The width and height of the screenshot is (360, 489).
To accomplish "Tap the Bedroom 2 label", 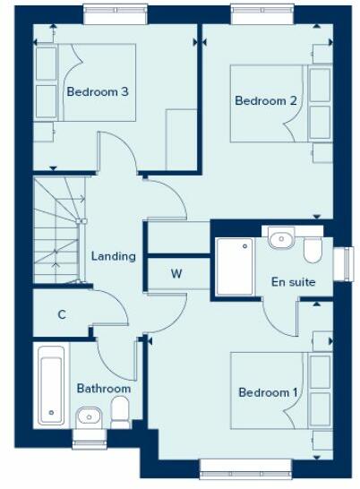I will click(x=266, y=100).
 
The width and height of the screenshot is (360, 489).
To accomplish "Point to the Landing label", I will click(x=114, y=256).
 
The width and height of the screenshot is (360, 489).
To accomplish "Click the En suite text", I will click(x=294, y=282).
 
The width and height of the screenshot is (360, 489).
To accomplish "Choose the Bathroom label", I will click(x=103, y=389).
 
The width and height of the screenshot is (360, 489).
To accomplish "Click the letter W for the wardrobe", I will click(x=176, y=274).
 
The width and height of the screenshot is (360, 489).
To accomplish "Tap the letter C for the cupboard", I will click(x=62, y=314).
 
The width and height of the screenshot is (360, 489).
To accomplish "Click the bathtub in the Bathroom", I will click(x=49, y=386).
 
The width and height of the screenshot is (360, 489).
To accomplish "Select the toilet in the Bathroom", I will click(x=120, y=413).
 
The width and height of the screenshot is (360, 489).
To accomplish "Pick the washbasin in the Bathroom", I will click(x=89, y=416).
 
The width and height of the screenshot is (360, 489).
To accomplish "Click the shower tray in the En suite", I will click(x=236, y=267).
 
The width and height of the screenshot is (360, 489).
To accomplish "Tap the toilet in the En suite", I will click(x=313, y=250).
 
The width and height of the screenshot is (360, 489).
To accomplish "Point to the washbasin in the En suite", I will click(x=280, y=237).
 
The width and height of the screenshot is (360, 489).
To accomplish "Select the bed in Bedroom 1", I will click(x=269, y=391).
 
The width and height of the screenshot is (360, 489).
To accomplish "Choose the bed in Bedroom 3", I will click(x=85, y=82).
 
